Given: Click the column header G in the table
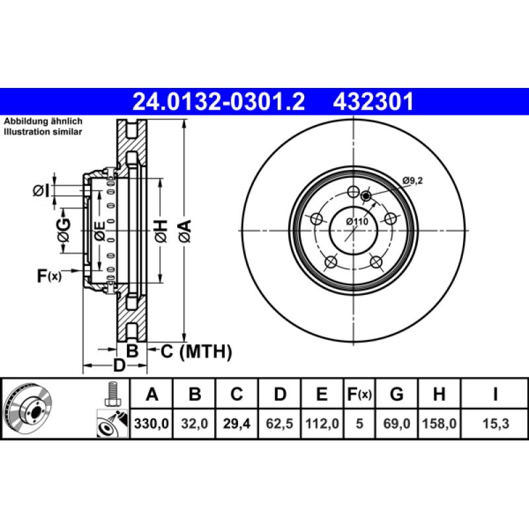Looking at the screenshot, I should tap(397, 395).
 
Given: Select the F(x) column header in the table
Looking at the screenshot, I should tap(359, 395).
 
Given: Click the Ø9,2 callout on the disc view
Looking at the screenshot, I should tap(413, 180).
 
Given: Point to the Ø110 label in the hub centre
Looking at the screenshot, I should tap(357, 222).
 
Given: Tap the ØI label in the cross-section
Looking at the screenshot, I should tap(41, 190).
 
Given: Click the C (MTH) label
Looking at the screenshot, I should tap(196, 352).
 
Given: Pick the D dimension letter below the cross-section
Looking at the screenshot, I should tap(119, 365).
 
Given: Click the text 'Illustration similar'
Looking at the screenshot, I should tap(44, 132).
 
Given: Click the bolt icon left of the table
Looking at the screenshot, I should tap(112, 395).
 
